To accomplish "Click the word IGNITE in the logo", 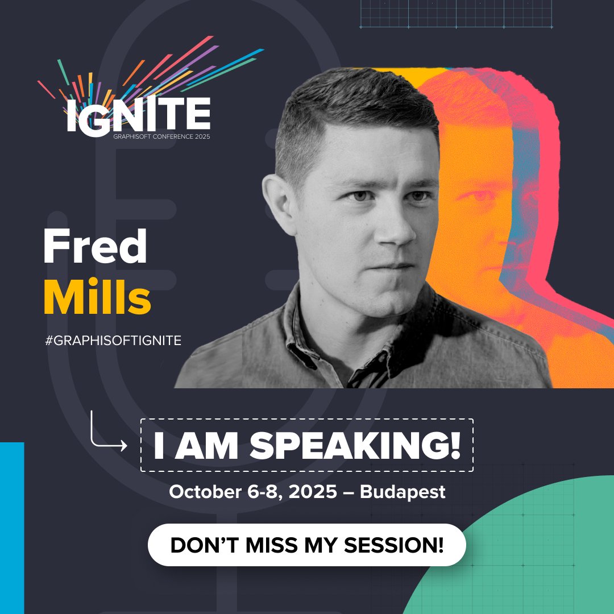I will pos(138,115).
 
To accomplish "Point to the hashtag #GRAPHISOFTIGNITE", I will pos(113,341).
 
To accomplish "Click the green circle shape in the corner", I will pos(529,557).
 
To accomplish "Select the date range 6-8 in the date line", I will pos(266,492).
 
